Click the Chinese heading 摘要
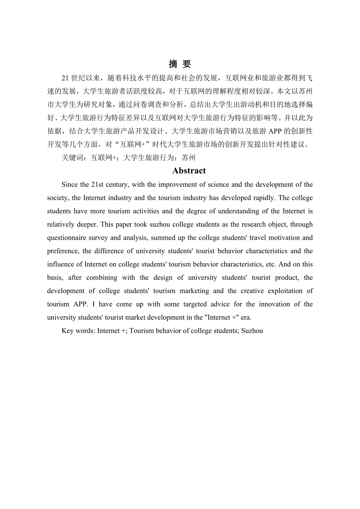[180, 64]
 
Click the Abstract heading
[189, 171]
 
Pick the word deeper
[75, 224]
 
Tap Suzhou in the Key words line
[252, 331]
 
